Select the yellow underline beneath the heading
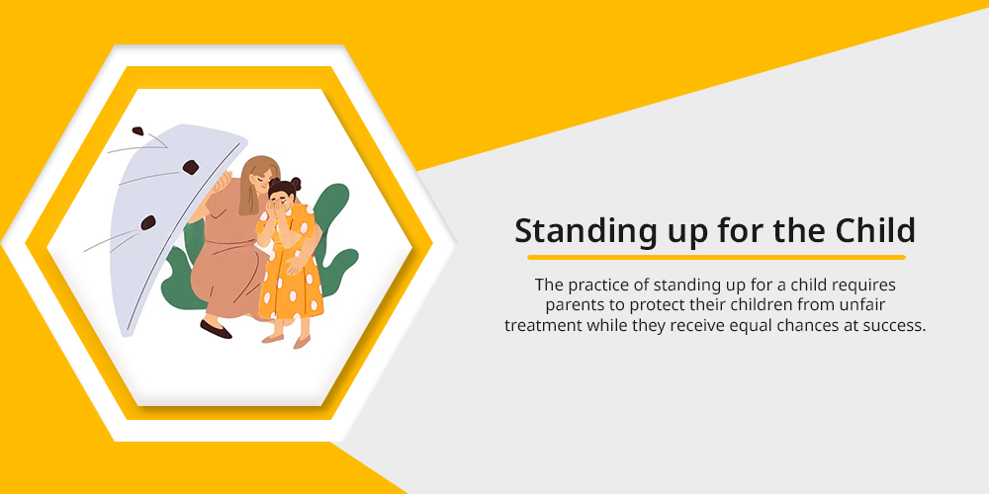pos(716,257)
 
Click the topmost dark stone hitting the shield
pos(136,131)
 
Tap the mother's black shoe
pos(216,330)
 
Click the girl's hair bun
pos(295,184)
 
